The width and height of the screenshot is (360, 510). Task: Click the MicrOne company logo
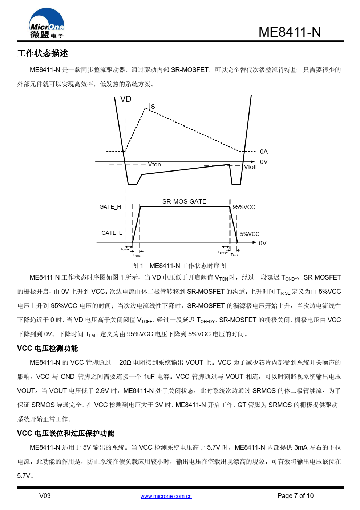coord(46,24)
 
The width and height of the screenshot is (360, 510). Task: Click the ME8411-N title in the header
coord(290,32)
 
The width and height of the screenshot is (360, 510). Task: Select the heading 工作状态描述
coord(43,53)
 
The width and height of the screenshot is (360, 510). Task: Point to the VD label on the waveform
coord(126,99)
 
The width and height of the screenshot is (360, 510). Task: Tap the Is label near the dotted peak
coord(152,106)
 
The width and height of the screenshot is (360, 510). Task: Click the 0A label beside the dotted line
coord(264,152)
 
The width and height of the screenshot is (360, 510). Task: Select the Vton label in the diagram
coord(154,165)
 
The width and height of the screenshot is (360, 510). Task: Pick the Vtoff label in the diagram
coord(250,167)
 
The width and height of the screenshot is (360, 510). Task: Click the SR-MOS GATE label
coord(184,201)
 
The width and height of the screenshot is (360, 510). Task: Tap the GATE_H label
coord(110,207)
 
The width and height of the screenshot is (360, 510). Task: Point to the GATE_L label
coord(112,233)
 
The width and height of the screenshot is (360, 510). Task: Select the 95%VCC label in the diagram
coord(244,207)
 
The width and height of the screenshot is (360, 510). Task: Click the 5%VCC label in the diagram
coord(250,234)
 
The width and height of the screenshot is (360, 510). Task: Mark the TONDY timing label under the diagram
coord(125,249)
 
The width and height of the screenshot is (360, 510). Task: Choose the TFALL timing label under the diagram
coord(234,255)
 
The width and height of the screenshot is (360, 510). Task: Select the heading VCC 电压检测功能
coord(48,348)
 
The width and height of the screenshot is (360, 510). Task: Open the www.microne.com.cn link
coord(166,496)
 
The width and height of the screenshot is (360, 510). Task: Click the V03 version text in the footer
coord(45,496)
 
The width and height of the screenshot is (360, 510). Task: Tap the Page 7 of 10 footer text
coord(295,496)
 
